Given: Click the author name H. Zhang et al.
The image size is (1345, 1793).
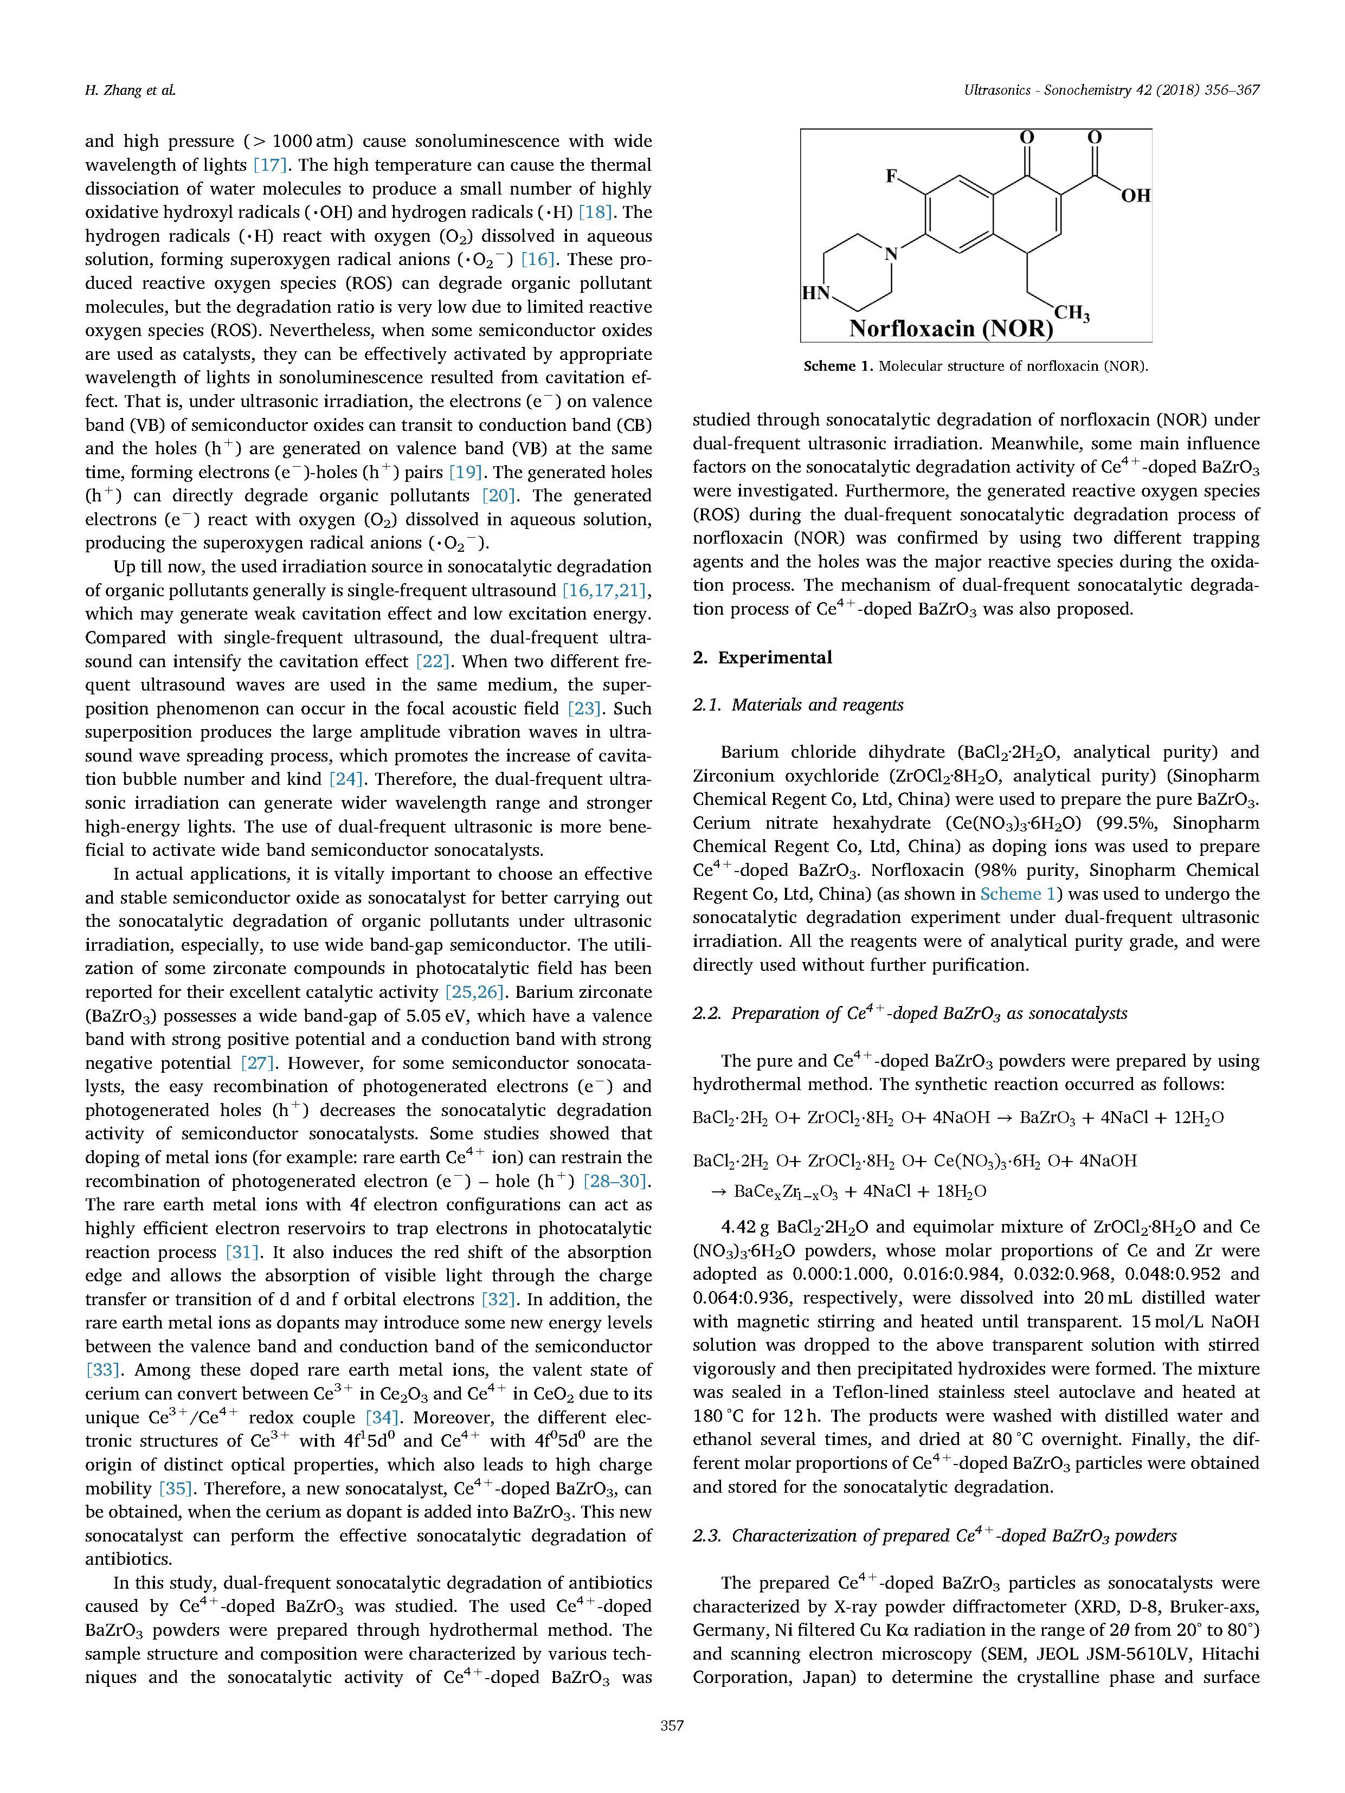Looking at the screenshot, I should pyautogui.click(x=130, y=90).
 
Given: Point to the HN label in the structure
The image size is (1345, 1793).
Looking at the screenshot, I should pyautogui.click(x=815, y=293).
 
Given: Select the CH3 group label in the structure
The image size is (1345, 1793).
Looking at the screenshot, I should pyautogui.click(x=1071, y=312).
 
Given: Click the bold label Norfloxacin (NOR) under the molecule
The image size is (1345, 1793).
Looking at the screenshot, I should pyautogui.click(x=950, y=328).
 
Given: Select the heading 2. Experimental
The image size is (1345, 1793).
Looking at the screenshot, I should pyautogui.click(x=762, y=657).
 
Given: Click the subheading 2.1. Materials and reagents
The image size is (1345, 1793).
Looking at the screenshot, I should pyautogui.click(x=798, y=705).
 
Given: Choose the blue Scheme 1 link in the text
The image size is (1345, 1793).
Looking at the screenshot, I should pyautogui.click(x=1019, y=894).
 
